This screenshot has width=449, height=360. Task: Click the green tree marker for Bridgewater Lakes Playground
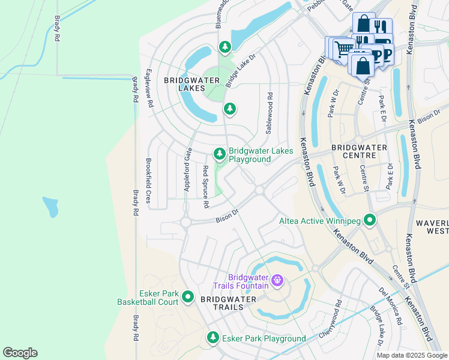[220, 154]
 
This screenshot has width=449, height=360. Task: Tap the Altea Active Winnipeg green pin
[370, 221]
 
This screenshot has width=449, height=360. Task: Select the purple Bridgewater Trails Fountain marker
[277, 280]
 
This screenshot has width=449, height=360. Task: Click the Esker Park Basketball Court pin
[187, 296]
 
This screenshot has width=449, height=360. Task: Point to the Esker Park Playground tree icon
[212, 338]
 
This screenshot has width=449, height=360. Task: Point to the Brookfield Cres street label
[148, 179]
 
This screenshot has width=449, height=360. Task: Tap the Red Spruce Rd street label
[205, 187]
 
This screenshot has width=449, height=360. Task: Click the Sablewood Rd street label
[270, 112]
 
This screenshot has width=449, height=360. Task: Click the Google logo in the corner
[20, 352]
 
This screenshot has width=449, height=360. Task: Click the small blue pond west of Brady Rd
[50, 207]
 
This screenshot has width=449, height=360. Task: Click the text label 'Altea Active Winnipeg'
[321, 221]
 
